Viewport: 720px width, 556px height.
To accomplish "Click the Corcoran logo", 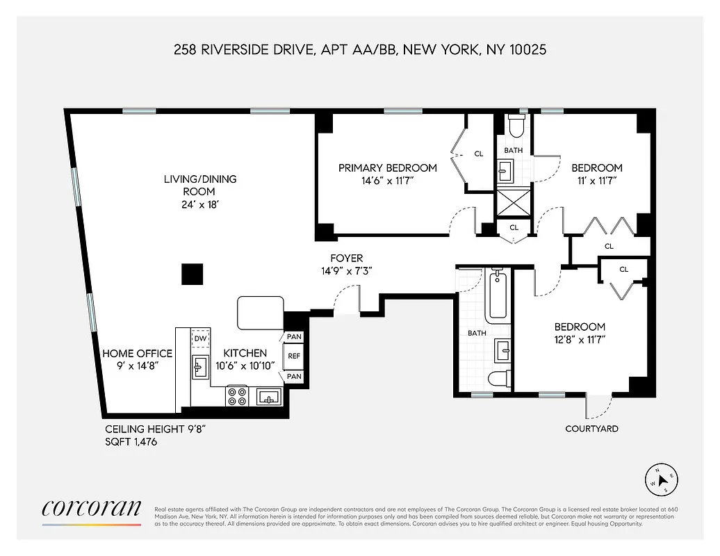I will [x=92, y=508].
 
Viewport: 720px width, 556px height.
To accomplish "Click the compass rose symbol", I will [x=662, y=479].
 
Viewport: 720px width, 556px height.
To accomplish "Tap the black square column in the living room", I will [x=193, y=274].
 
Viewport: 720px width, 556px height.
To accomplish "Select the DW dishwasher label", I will [x=200, y=338].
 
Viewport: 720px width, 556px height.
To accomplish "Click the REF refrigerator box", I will [x=294, y=357].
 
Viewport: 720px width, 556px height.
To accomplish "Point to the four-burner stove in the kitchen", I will [x=237, y=396].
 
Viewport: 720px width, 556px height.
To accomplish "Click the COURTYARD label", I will [x=591, y=429].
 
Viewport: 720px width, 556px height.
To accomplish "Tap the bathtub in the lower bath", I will [x=498, y=295].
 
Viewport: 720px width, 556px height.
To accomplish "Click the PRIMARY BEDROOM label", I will [x=388, y=167].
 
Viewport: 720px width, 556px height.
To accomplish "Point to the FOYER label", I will [x=346, y=259].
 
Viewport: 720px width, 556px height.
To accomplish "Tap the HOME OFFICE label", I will [x=137, y=353].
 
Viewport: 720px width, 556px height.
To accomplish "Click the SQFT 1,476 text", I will [x=131, y=441].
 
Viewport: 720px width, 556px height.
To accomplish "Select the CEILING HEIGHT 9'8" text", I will [x=155, y=429].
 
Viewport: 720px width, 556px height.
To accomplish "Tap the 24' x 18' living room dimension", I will [x=200, y=205].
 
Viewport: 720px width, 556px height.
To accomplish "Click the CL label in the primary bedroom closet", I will [x=479, y=154].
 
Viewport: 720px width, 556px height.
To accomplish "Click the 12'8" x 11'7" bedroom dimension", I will [x=580, y=340].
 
